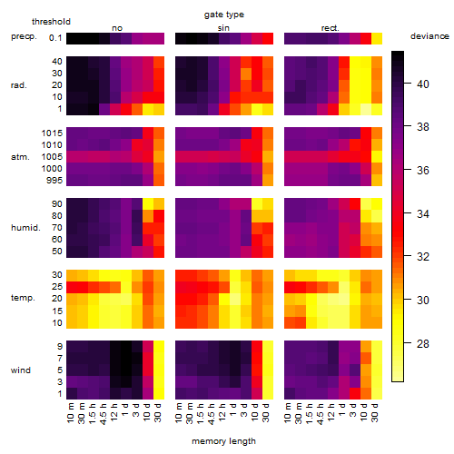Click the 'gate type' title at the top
click(224, 15)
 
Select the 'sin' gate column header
click(223, 28)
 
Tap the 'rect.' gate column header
click(331, 28)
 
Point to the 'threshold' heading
click(51, 22)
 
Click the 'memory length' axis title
click(223, 441)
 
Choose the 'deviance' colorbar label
click(429, 36)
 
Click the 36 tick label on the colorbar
click(423, 170)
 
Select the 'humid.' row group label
click(25, 228)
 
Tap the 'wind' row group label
click(21, 370)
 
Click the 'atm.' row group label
click(20, 157)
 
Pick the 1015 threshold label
click(52, 133)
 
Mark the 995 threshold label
click(54, 181)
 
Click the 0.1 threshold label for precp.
click(55, 38)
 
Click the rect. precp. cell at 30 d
click(377, 39)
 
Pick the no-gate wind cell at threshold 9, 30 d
click(159, 347)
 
